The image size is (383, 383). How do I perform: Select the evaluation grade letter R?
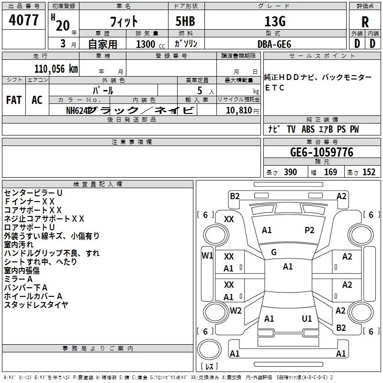pyautogui.click(x=365, y=22)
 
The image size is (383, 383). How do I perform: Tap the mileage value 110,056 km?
pyautogui.click(x=56, y=68)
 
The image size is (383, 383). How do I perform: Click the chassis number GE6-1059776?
pyautogui.click(x=322, y=153)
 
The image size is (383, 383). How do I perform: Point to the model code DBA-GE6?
pyautogui.click(x=274, y=44)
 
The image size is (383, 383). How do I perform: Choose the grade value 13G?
pyautogui.click(x=275, y=22)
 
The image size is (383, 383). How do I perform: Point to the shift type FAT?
pyautogui.click(x=14, y=100)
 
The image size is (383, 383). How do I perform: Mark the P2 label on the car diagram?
pyautogui.click(x=309, y=230)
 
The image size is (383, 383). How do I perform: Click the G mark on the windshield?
pyautogui.click(x=274, y=252)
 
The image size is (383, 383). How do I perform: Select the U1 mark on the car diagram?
pyautogui.click(x=307, y=319)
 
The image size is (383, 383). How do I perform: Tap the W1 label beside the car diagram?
pyautogui.click(x=207, y=255)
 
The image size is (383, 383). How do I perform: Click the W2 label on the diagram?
pyautogui.click(x=236, y=311)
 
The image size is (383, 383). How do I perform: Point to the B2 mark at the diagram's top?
pyautogui.click(x=235, y=196)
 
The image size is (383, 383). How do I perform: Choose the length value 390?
pyautogui.click(x=290, y=172)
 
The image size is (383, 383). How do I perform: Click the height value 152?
pyautogui.click(x=369, y=172)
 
